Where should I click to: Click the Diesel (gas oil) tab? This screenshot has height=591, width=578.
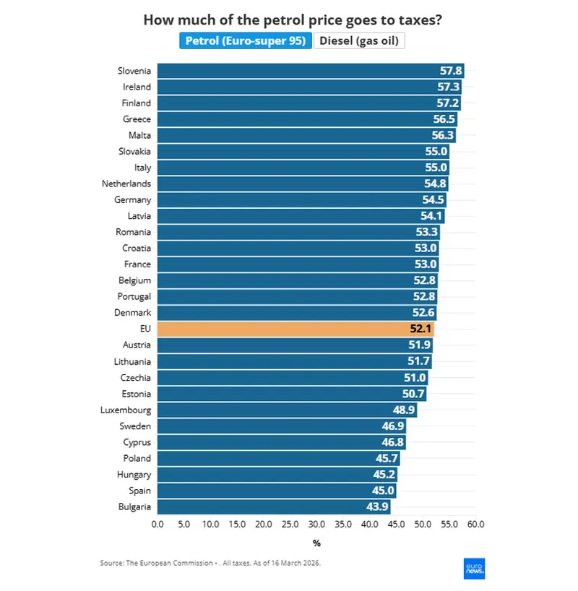359,40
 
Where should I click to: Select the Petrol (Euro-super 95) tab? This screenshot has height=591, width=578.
246,40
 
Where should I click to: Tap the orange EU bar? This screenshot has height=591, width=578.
295,329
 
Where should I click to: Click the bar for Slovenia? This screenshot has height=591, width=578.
310,71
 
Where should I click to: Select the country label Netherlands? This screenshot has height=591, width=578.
126,184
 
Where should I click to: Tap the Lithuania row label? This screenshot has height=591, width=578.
132,361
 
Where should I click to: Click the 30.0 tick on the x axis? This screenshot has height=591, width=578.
316,524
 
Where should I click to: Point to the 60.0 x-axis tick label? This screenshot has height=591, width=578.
475,524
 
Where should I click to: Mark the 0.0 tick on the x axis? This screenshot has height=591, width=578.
158,524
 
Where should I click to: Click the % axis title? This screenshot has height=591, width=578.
316,543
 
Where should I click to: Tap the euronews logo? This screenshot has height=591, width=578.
474,568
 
